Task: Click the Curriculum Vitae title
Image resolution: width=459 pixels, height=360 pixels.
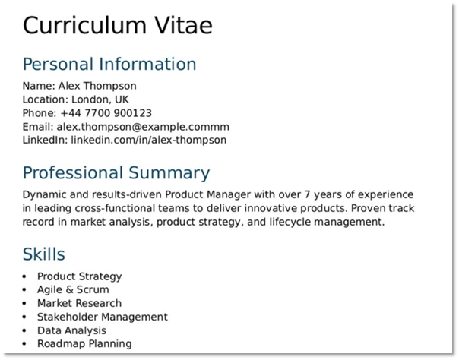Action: tap(118, 25)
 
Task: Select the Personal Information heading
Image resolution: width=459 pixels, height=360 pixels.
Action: tap(109, 64)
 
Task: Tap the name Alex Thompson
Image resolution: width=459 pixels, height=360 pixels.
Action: tap(97, 86)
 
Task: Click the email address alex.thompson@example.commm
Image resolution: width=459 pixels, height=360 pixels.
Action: tap(142, 127)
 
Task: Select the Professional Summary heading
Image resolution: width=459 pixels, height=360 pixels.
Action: tap(116, 172)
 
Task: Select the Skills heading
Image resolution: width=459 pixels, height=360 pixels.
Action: tap(44, 254)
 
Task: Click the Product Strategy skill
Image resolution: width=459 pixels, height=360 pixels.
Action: tap(79, 276)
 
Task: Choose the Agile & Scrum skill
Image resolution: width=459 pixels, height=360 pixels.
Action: tap(73, 289)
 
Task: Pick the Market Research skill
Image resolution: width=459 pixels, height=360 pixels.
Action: tap(79, 303)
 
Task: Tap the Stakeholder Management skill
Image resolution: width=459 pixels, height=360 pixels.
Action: tap(102, 317)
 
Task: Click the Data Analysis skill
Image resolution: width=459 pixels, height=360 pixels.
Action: tap(71, 330)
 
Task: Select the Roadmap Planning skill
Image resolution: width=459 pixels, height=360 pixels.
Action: tap(84, 344)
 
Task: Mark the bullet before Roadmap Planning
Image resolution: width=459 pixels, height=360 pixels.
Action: tap(25, 344)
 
